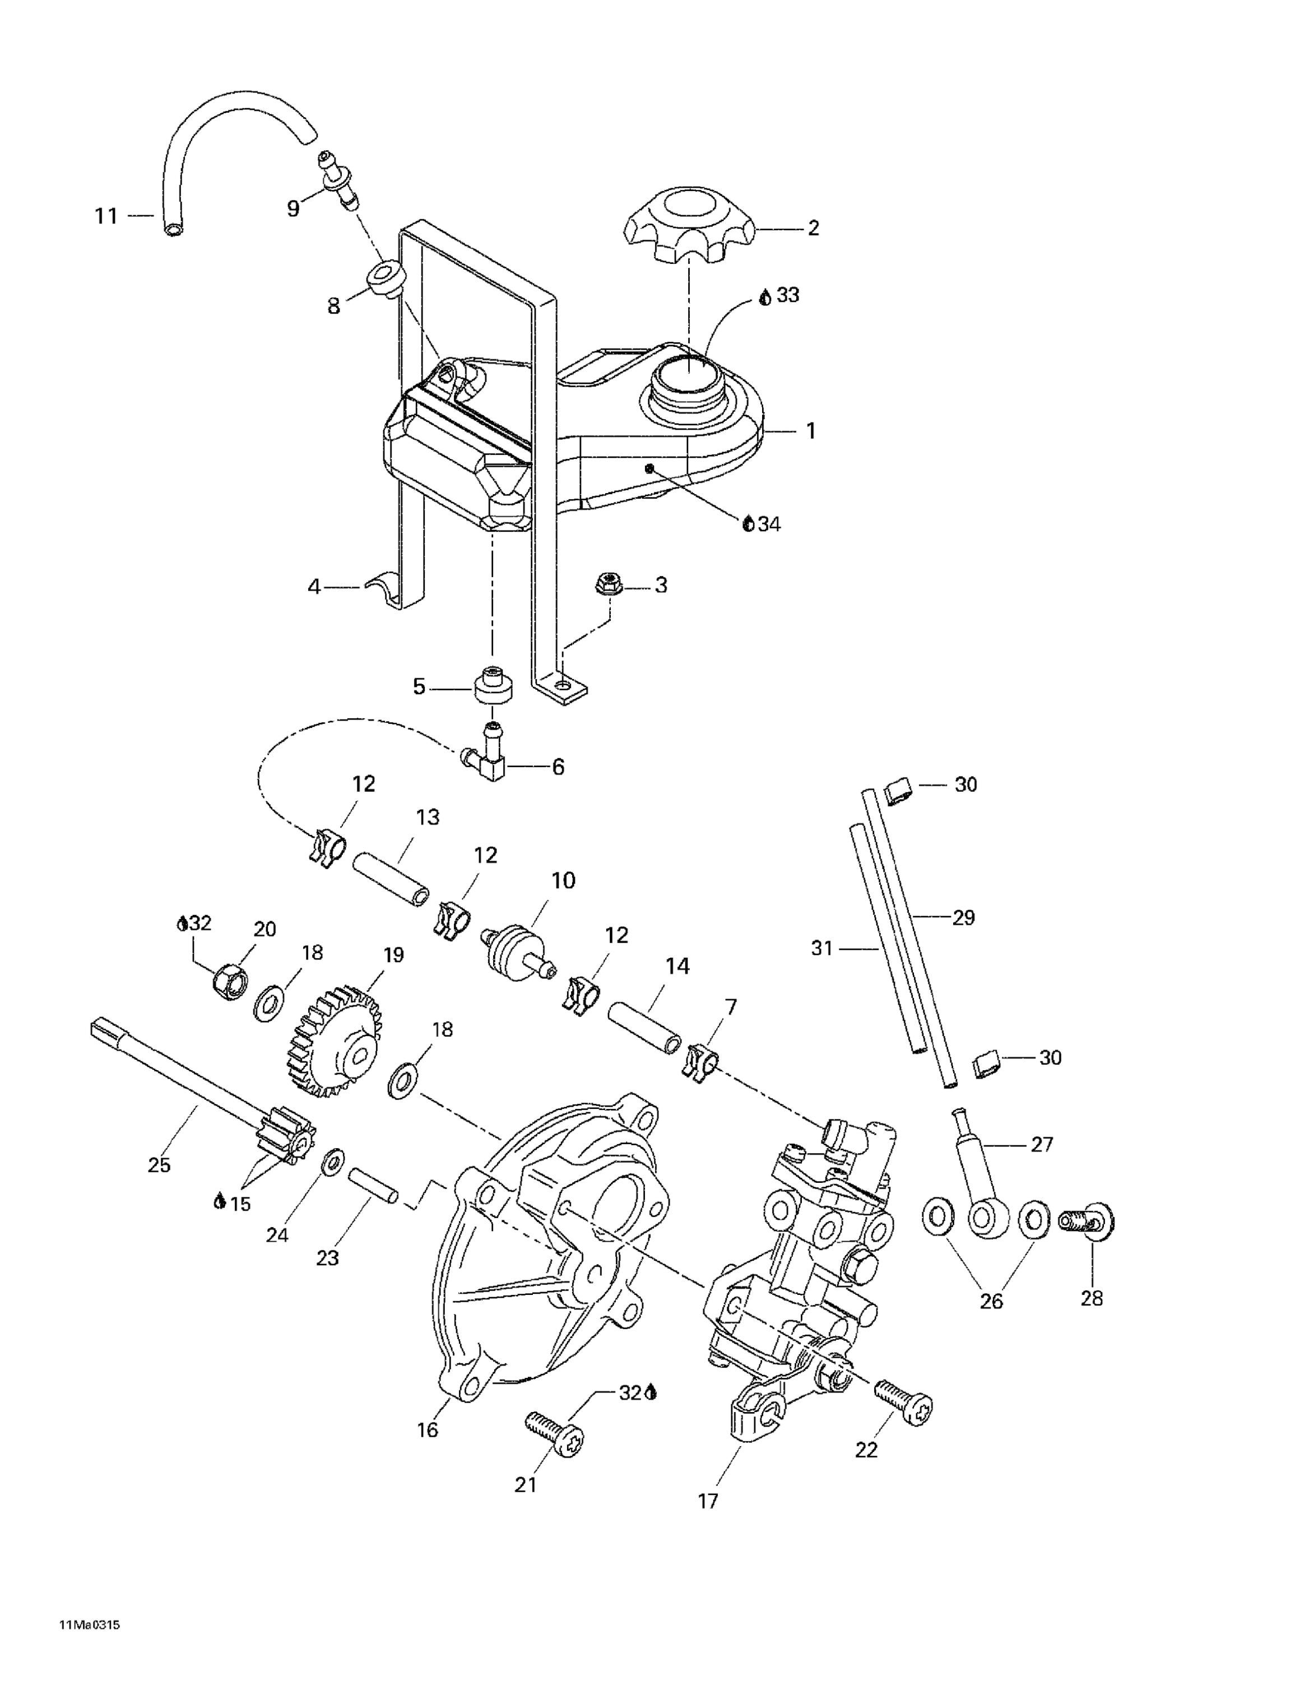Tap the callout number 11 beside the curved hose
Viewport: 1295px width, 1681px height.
tap(106, 216)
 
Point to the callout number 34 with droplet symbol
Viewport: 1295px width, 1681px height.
tap(762, 524)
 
